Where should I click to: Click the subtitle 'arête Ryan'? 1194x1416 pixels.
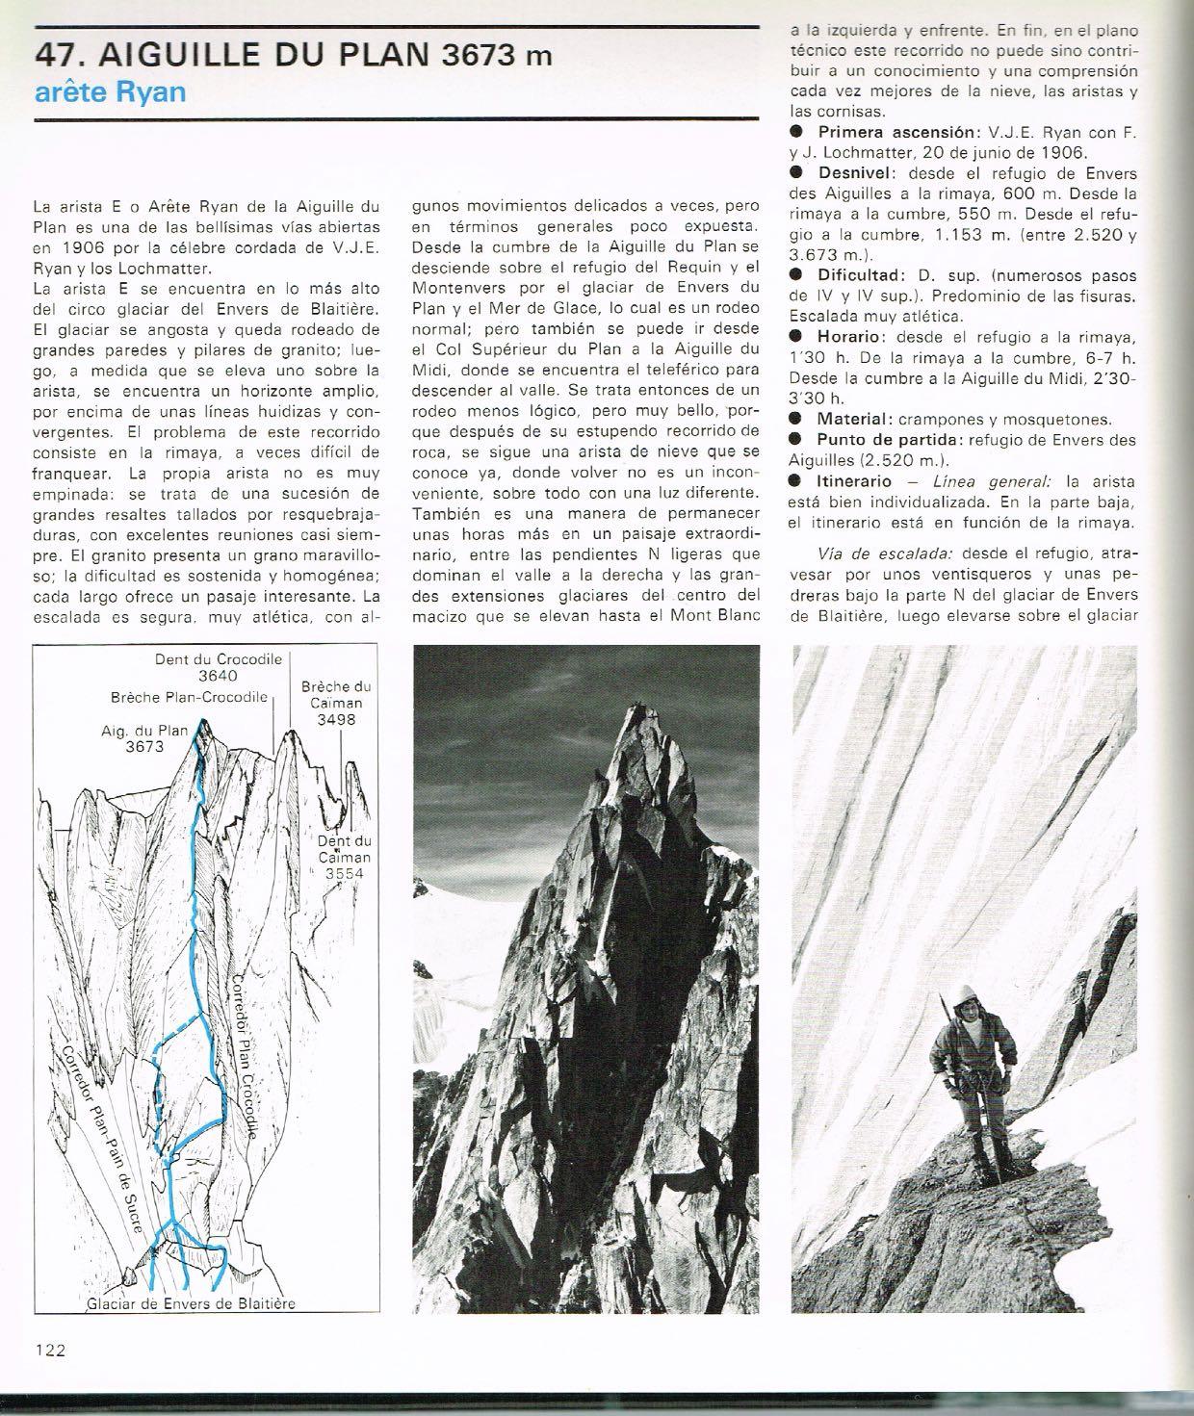(x=109, y=92)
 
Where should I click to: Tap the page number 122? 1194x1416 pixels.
(x=50, y=1350)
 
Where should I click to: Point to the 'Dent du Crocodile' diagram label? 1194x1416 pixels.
(x=219, y=659)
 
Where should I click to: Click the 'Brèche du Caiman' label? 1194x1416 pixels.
(x=336, y=695)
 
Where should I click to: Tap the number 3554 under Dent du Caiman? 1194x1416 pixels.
(x=348, y=873)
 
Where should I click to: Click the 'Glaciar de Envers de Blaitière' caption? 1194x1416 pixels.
(x=191, y=1303)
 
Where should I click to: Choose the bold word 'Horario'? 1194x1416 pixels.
(x=851, y=336)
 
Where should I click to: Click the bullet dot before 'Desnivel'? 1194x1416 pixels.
(x=796, y=172)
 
